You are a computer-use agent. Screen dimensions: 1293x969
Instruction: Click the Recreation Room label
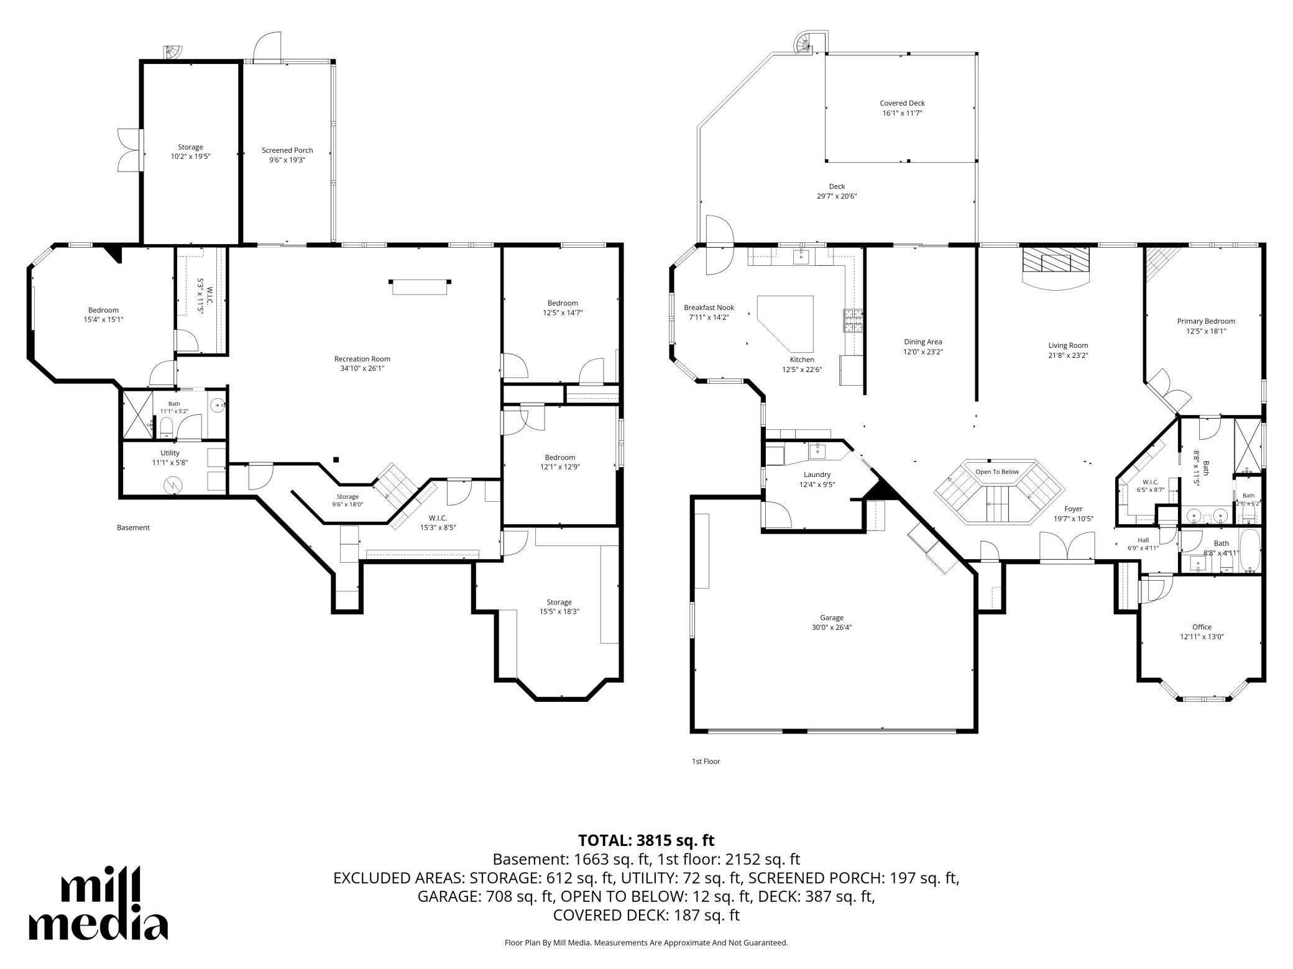(362, 359)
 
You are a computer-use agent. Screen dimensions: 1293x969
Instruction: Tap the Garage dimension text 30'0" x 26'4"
(832, 627)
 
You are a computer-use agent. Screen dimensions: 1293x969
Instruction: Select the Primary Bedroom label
(1206, 321)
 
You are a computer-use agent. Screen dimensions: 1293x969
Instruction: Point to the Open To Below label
(997, 471)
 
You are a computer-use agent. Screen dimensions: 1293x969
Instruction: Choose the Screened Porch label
(287, 150)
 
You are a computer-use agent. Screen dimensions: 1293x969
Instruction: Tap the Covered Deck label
(902, 103)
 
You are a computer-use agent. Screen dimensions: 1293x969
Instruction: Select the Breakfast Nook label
(709, 307)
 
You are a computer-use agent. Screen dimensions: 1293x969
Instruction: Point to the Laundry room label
(817, 475)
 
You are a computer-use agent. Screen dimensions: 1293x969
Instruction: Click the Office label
(1202, 627)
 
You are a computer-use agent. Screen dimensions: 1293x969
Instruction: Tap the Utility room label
(170, 453)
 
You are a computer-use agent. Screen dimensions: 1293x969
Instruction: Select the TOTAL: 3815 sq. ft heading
(646, 840)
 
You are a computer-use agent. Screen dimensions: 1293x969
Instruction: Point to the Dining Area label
(923, 342)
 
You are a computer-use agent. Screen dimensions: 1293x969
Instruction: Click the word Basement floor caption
(133, 527)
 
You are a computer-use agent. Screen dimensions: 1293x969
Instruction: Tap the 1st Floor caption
(706, 761)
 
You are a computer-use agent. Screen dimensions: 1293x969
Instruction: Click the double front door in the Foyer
(1067, 548)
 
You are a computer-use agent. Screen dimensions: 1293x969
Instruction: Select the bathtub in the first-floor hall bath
(1251, 552)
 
